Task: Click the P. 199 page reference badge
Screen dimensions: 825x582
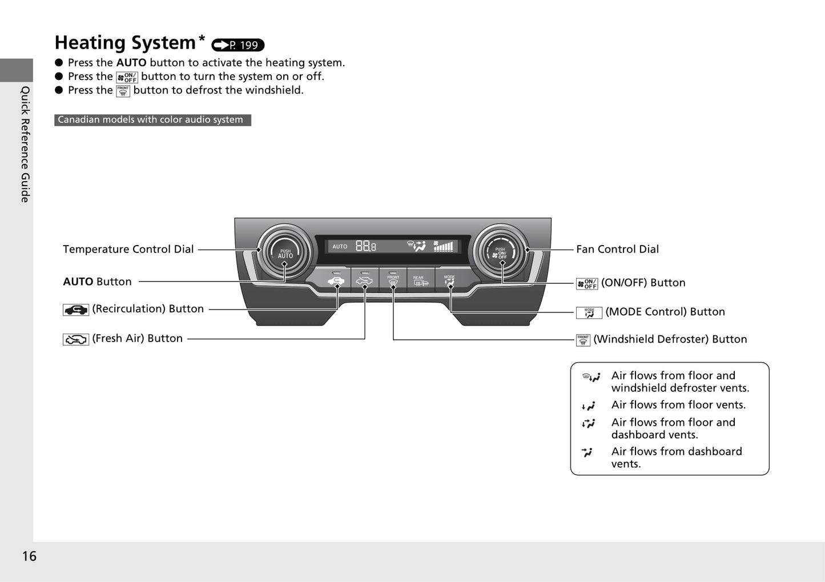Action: point(238,45)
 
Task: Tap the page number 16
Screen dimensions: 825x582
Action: point(29,556)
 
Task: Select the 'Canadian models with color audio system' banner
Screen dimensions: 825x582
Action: point(153,120)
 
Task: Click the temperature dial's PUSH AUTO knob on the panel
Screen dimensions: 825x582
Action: point(285,252)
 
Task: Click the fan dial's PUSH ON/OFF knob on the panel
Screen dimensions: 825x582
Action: point(501,252)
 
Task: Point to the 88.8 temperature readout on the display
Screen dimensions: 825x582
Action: point(366,246)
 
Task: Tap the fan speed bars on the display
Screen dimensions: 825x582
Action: point(444,246)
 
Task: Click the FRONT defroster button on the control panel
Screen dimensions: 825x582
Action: point(393,280)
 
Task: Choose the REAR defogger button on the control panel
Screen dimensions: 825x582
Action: point(421,280)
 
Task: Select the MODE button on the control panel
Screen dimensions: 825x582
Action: point(449,280)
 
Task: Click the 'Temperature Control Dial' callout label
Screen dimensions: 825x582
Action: point(128,250)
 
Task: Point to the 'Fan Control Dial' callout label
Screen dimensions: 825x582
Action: point(617,250)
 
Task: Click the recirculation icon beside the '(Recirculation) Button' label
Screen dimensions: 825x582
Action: point(76,310)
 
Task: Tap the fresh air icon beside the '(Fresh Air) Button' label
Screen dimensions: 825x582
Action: point(76,339)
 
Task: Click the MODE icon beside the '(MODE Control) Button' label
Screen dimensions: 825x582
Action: point(589,313)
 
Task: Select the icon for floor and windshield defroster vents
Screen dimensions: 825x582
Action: point(591,377)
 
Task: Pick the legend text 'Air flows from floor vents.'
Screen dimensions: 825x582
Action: point(678,405)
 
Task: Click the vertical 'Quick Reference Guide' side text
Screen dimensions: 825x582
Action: point(25,145)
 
